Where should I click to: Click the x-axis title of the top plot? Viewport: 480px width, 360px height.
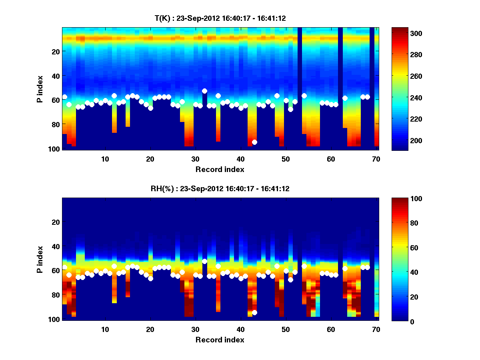point(220,170)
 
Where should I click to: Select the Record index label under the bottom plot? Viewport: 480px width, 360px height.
point(220,340)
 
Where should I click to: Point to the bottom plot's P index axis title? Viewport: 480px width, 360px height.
point(40,259)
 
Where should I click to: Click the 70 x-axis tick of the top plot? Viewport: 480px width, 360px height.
point(376,159)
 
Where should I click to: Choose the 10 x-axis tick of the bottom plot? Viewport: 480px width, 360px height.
point(105,329)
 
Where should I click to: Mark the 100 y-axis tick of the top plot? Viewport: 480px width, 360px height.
point(54,149)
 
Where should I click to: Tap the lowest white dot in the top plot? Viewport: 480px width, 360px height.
point(254,142)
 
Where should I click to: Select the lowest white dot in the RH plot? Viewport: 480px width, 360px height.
point(254,312)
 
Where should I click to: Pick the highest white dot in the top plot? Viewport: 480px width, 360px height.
point(204,91)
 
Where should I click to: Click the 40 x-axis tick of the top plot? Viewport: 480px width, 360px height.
point(240,159)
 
